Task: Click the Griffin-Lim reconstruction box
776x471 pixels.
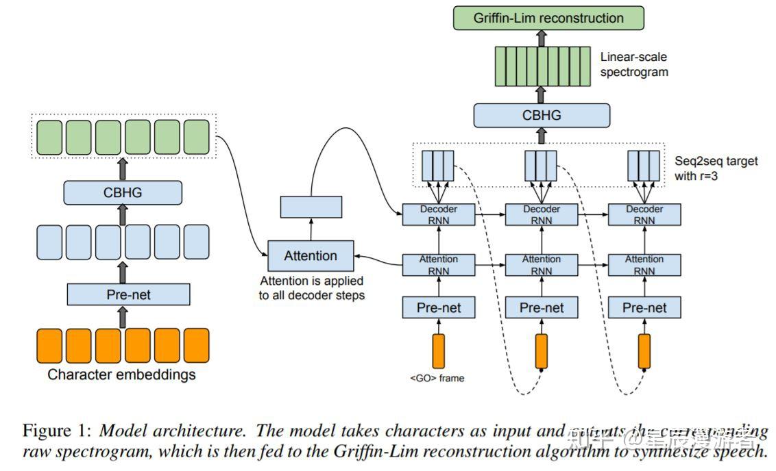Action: point(548,18)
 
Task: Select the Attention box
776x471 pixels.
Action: point(311,256)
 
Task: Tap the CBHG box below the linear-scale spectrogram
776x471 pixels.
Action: point(541,115)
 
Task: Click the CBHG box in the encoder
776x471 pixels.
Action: point(123,192)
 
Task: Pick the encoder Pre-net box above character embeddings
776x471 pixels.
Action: point(128,295)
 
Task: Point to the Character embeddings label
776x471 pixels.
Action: point(121,374)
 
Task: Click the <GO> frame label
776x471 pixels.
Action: point(437,378)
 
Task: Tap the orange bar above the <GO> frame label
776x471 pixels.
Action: point(438,351)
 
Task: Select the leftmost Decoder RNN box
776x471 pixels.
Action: point(438,214)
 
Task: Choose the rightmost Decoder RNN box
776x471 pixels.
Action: point(644,214)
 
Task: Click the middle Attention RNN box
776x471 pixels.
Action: point(541,264)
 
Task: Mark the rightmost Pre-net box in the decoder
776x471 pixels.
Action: point(644,307)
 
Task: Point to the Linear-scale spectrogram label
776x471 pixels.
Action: point(633,64)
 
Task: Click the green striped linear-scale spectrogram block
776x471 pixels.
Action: point(542,66)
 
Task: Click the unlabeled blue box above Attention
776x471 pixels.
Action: point(311,207)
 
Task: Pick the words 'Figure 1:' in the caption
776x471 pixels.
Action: point(56,431)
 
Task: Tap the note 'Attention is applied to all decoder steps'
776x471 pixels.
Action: point(311,288)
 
